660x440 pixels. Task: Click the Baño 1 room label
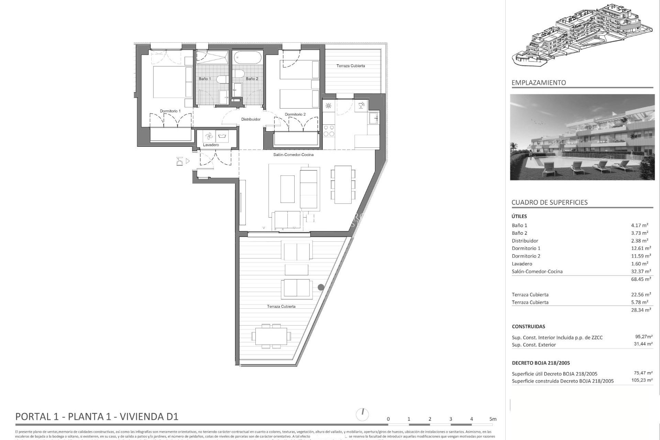pyautogui.click(x=205, y=79)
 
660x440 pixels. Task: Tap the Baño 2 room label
pyautogui.click(x=252, y=79)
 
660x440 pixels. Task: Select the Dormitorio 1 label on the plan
pyautogui.click(x=170, y=111)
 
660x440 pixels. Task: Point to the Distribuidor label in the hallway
pyautogui.click(x=251, y=119)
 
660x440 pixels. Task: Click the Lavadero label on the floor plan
pyautogui.click(x=211, y=145)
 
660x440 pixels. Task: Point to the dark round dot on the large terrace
pyautogui.click(x=321, y=287)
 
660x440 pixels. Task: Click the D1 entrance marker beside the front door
pyautogui.click(x=179, y=161)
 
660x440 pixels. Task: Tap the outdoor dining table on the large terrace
pyautogui.click(x=271, y=336)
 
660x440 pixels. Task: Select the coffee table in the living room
pyautogui.click(x=287, y=189)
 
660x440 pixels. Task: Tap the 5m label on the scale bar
pyautogui.click(x=493, y=419)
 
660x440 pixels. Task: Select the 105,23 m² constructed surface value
pyautogui.click(x=643, y=380)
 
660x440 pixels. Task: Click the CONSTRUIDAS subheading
pyautogui.click(x=528, y=327)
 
